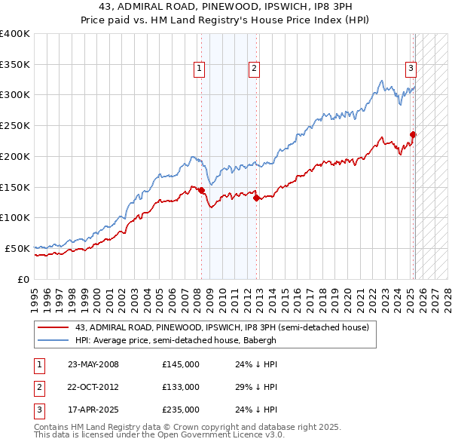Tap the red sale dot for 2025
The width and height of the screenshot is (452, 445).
coord(413,135)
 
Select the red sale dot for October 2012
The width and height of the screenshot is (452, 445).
coord(256,198)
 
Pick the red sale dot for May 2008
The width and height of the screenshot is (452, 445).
coord(201,190)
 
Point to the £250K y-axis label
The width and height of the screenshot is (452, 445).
coord(15,125)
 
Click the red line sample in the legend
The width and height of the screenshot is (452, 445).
coord(53,327)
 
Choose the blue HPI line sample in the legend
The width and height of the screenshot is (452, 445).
coord(53,340)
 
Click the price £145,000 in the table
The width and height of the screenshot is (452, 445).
coord(180,364)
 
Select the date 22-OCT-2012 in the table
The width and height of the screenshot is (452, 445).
coord(93,387)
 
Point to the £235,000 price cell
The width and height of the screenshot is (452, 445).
coord(180,410)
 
